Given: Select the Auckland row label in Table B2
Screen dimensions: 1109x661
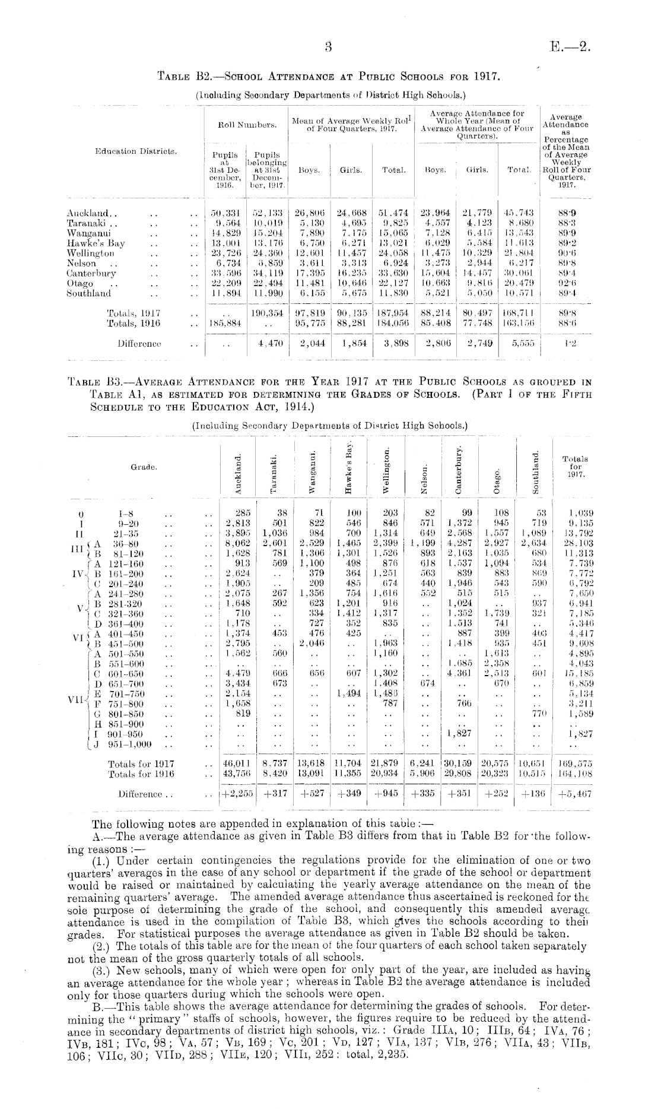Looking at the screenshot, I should (x=85, y=212).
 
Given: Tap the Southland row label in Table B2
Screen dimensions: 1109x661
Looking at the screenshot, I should (x=88, y=293).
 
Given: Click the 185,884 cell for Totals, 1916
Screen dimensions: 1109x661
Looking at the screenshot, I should (x=224, y=324).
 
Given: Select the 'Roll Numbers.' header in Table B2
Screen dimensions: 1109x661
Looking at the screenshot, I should (x=246, y=125).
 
